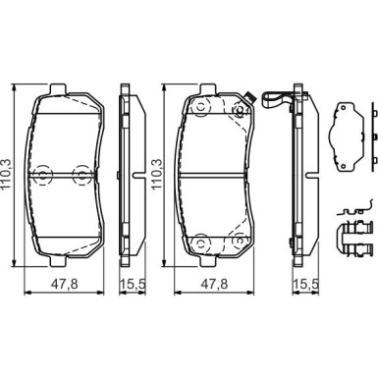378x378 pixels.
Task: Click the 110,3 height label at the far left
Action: [x=7, y=174]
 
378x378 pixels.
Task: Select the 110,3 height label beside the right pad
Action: [x=156, y=174]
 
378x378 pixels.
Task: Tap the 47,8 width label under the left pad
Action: [x=65, y=284]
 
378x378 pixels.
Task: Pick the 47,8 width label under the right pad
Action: [x=214, y=284]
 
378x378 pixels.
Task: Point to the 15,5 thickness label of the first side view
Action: [x=132, y=284]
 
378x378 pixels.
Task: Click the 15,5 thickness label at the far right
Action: [x=305, y=284]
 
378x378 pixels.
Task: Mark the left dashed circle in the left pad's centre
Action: [x=43, y=174]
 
